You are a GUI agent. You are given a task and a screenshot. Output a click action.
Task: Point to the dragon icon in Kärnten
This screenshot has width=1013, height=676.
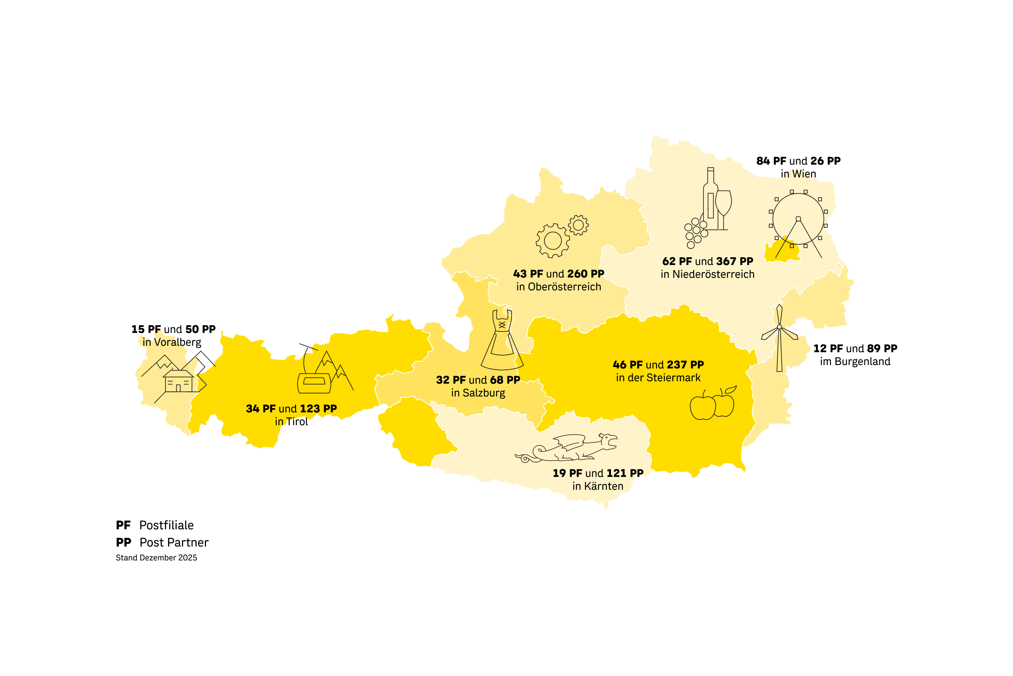[569, 449]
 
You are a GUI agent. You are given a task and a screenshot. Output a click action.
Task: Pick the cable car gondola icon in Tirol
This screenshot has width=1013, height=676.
[314, 383]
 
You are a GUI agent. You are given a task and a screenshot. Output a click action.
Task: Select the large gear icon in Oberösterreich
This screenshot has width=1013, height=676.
[552, 241]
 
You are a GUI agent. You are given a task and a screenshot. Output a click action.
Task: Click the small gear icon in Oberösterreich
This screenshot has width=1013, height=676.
[578, 225]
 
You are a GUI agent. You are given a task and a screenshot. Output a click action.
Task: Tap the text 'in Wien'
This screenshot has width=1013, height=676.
[798, 174]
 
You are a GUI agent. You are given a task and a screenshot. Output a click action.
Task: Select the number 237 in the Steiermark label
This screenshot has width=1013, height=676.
[677, 365]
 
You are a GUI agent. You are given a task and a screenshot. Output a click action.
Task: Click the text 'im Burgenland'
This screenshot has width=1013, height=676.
[855, 361]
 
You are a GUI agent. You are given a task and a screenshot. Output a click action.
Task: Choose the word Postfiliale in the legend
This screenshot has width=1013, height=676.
[166, 525]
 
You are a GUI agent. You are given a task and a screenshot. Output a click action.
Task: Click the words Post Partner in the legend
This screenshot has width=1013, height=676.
[174, 542]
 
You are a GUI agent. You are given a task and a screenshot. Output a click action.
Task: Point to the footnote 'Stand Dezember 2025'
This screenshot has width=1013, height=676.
[156, 557]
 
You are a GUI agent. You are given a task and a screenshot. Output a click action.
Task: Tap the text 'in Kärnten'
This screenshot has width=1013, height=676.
[597, 486]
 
